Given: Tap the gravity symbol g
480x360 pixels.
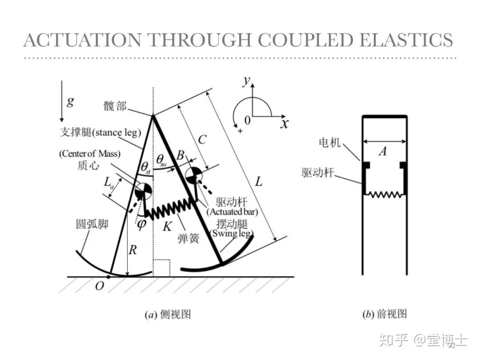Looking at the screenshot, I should pos(71,101).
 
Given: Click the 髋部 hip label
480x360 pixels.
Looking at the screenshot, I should pos(115,106).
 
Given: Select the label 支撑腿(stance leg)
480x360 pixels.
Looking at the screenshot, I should pos(100,132).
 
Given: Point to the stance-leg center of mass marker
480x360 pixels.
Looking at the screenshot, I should pos(143,192).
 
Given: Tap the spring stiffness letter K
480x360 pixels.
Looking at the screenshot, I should pos(167,226).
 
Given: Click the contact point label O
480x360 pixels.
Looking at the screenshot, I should pos(100,286).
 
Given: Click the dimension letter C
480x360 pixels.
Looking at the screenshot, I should pos(202,140).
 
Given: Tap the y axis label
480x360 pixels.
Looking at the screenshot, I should pos(247,81).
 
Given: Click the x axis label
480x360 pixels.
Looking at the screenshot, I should pos(284,123).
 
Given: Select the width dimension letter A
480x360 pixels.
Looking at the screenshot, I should pos(382,152).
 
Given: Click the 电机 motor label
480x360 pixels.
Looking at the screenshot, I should pos(329,142).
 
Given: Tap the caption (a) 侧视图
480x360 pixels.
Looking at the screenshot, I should pos(168,315).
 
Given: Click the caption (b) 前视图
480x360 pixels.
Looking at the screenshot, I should pos(384,314).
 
